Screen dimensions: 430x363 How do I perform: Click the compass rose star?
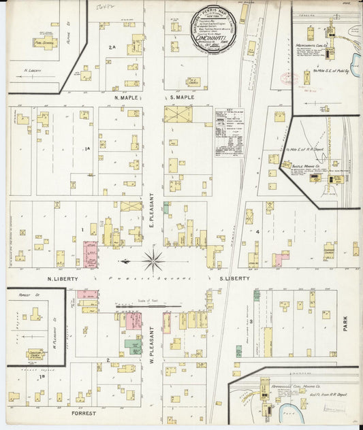click(154, 261)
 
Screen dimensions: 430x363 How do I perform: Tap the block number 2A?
click(112, 48)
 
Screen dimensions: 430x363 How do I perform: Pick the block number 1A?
click(87, 149)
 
